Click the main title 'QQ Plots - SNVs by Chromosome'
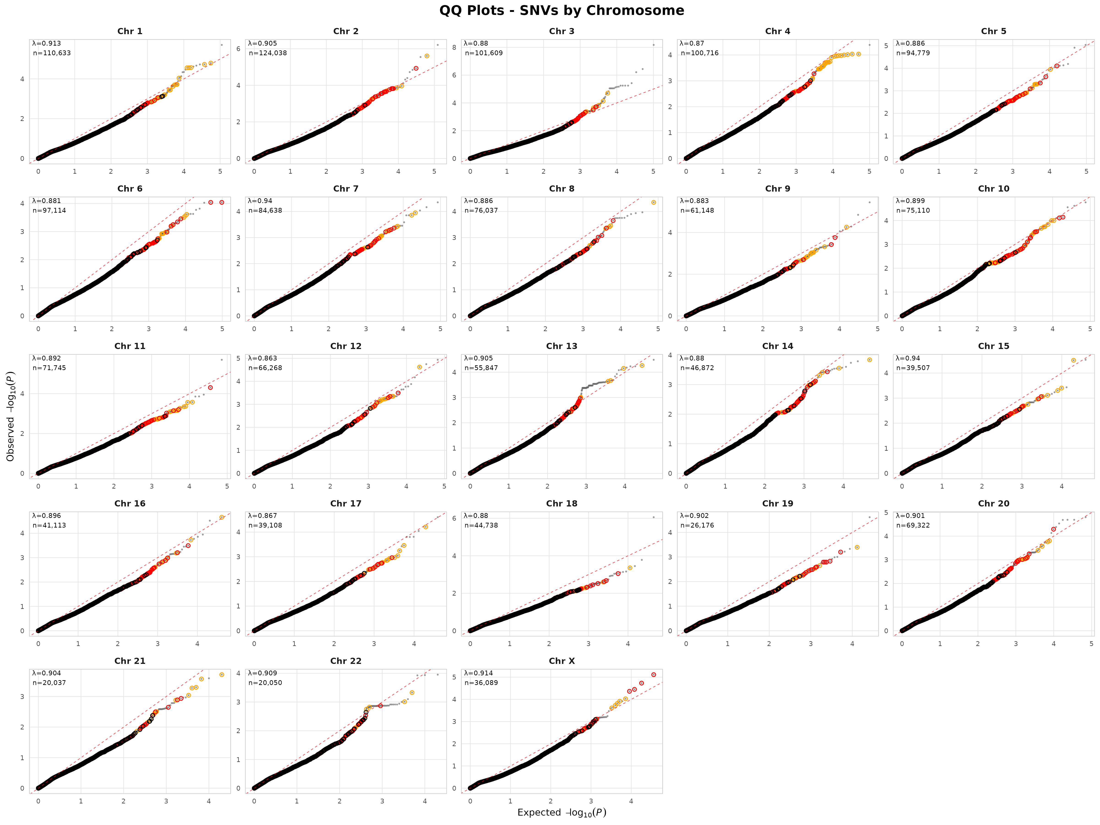pyautogui.click(x=561, y=11)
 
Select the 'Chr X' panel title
pyautogui.click(x=561, y=661)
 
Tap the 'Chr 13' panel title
pyautogui.click(x=561, y=346)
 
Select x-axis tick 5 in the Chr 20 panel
pyautogui.click(x=1091, y=643)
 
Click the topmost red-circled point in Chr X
pyautogui.click(x=653, y=675)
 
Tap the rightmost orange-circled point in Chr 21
pyautogui.click(x=222, y=675)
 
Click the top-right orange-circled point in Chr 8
pyautogui.click(x=653, y=202)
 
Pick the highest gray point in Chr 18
pyautogui.click(x=653, y=517)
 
